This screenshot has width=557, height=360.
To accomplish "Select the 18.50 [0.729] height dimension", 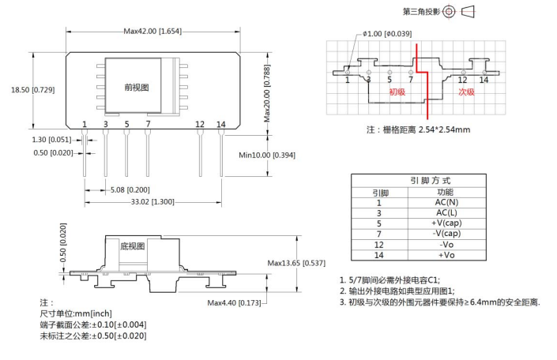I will point(33,91).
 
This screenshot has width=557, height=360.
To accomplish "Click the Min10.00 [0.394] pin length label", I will point(267,155).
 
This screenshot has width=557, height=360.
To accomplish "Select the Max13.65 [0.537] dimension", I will point(296,263).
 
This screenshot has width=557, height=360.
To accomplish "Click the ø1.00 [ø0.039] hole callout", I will point(387,34).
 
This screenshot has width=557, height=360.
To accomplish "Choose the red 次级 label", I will point(467,92).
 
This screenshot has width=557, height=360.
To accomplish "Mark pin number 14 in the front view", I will point(221,125).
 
